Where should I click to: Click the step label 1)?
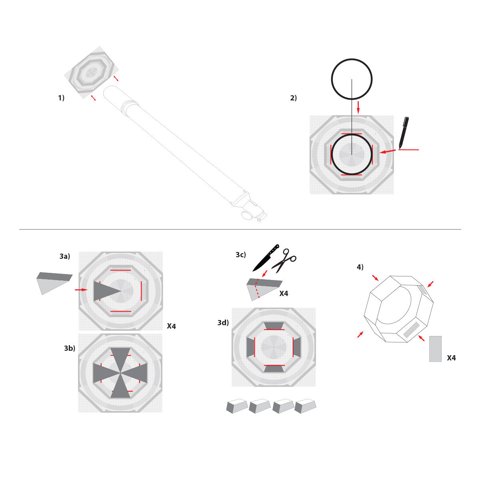61,98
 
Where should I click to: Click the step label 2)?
294,98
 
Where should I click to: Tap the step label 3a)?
65,256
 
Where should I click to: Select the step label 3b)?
70,348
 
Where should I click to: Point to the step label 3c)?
241,255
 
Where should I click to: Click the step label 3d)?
223,323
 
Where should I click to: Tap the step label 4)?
360,267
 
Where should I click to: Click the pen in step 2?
404,132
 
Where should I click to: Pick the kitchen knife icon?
266,258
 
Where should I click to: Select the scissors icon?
284,260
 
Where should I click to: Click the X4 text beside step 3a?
171,326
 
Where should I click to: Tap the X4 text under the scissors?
284,294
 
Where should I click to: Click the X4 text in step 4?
451,358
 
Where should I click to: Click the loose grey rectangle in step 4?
435,349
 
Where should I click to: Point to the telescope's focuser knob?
247,215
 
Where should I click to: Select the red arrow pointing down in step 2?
358,107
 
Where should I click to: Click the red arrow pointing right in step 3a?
81,290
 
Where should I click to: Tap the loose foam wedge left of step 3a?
53,282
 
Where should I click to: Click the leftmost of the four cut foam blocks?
236,406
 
